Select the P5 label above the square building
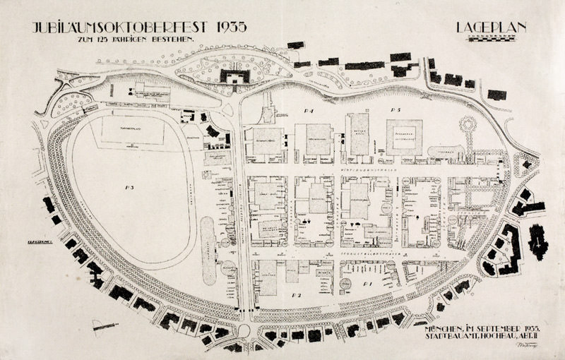coord(395,111)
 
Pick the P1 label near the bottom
coord(367,282)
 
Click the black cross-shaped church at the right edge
coord(538,241)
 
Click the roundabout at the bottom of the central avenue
coord(244,329)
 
